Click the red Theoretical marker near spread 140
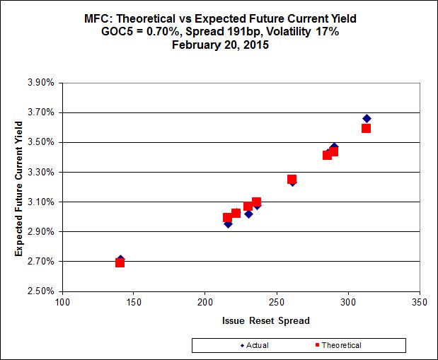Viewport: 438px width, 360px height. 120,262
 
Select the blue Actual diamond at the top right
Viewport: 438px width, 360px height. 367,118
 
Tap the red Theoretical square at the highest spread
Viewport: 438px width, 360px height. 366,128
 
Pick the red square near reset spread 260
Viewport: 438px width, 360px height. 292,179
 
